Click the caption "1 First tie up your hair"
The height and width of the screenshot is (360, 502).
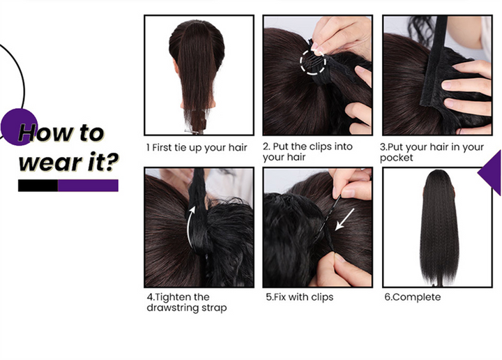[x=197, y=148]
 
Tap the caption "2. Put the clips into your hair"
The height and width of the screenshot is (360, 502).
[x=307, y=152]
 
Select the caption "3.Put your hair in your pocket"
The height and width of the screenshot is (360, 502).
[x=432, y=152]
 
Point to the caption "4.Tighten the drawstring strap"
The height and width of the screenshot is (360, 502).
[x=187, y=302]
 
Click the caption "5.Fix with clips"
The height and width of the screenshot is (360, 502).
[x=300, y=297]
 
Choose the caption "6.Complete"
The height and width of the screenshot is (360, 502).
[x=412, y=297]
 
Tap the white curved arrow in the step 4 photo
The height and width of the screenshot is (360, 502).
[x=188, y=227]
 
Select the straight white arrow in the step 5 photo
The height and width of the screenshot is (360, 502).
[x=344, y=219]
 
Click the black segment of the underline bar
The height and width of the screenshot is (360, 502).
[x=38, y=186]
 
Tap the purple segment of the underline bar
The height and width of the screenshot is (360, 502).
[x=88, y=186]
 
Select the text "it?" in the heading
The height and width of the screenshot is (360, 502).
[x=103, y=162]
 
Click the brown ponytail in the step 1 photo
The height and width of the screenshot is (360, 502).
[x=196, y=77]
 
